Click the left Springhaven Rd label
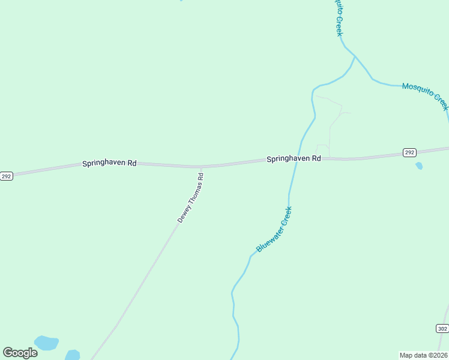click(x=110, y=163)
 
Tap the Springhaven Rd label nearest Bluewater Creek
click(x=294, y=159)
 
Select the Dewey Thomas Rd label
click(x=191, y=198)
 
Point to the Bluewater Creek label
click(x=274, y=229)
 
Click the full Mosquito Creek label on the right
click(x=425, y=96)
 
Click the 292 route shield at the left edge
click(x=6, y=176)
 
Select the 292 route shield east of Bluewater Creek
click(x=409, y=152)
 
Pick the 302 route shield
click(x=442, y=328)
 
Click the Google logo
click(x=20, y=353)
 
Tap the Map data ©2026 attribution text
click(x=423, y=355)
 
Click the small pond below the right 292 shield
click(x=419, y=166)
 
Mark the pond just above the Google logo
click(x=46, y=343)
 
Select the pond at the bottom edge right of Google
click(x=72, y=355)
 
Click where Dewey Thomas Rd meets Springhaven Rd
click(x=200, y=167)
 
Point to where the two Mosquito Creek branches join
click(x=355, y=57)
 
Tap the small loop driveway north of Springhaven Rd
click(x=322, y=150)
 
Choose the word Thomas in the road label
click(x=193, y=194)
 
